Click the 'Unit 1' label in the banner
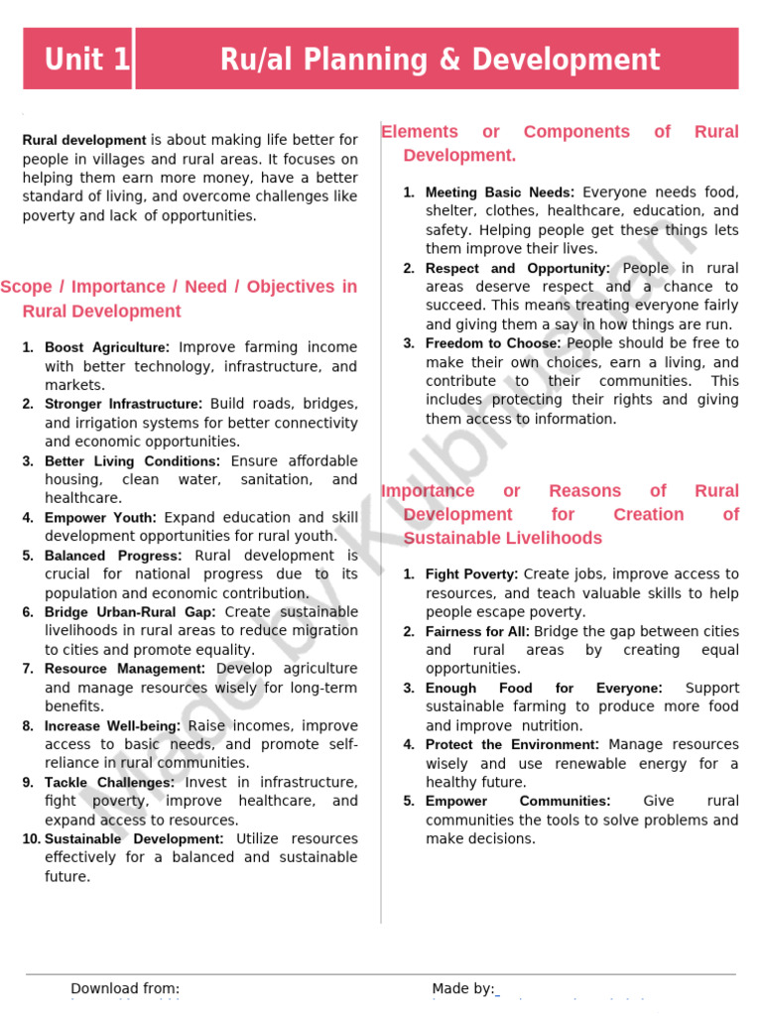pos(86,60)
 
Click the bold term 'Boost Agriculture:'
pos(107,347)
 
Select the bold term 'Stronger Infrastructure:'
pos(123,404)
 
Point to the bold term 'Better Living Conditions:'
pos(132,461)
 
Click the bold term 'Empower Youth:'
pos(100,517)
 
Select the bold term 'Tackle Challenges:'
pos(109,783)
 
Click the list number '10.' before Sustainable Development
pos(30,839)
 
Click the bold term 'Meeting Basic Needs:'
pos(499,192)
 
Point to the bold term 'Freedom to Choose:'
pos(493,343)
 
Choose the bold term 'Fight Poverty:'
pos(471,574)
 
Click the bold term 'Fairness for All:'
pos(477,632)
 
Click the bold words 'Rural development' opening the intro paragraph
pos(84,141)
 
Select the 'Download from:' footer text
pos(125,988)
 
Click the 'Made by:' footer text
pos(462,988)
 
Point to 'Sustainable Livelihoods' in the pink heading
pos(502,539)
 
